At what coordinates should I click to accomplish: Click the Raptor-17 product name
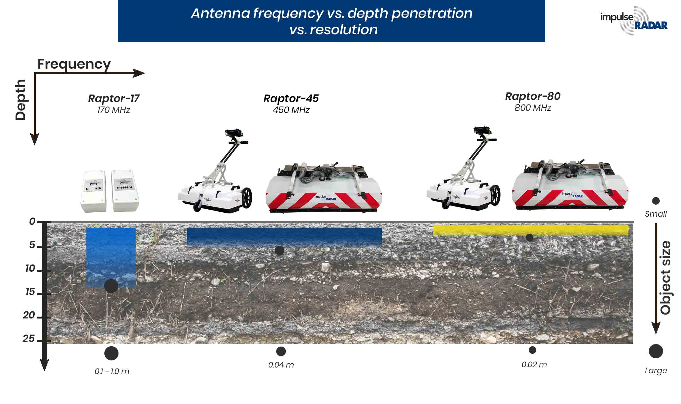pyautogui.click(x=114, y=98)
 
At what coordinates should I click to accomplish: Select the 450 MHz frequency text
pyautogui.click(x=291, y=110)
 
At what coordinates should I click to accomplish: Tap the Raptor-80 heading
pyautogui.click(x=533, y=96)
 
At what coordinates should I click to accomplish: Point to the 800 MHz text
pyautogui.click(x=533, y=108)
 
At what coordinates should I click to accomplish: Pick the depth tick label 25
pyautogui.click(x=29, y=339)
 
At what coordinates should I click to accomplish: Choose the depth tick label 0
pyautogui.click(x=32, y=222)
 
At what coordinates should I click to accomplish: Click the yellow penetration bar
pyautogui.click(x=531, y=230)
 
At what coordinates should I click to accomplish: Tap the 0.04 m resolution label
pyautogui.click(x=281, y=365)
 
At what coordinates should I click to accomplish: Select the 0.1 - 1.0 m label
pyautogui.click(x=112, y=371)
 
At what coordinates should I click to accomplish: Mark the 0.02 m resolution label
pyautogui.click(x=534, y=365)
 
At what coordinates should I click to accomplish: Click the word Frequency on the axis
pyautogui.click(x=74, y=64)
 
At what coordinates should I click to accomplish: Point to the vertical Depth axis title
pyautogui.click(x=20, y=100)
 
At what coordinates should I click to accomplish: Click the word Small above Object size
pyautogui.click(x=655, y=214)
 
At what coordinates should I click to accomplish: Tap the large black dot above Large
pyautogui.click(x=656, y=351)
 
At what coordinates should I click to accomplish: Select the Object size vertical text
pyautogui.click(x=665, y=278)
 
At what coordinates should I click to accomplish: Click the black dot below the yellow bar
pyautogui.click(x=529, y=237)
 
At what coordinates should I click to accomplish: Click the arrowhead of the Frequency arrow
pyautogui.click(x=139, y=73)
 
